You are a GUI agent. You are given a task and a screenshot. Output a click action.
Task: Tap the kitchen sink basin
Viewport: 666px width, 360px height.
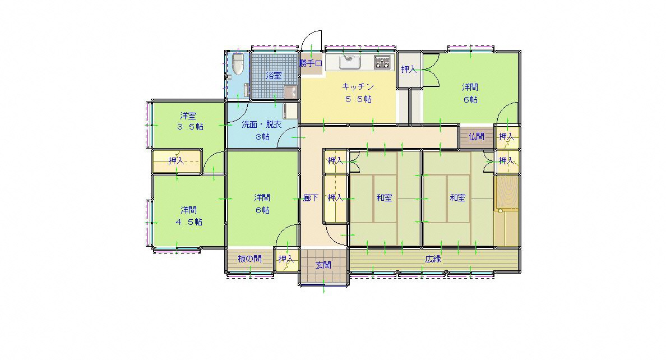tap(350, 62)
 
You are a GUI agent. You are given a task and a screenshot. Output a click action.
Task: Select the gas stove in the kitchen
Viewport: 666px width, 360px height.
tap(382, 62)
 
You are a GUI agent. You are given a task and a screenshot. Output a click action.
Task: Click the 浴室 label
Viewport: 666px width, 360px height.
tap(274, 76)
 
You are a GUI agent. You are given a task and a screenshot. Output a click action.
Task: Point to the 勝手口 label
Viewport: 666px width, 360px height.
tap(311, 63)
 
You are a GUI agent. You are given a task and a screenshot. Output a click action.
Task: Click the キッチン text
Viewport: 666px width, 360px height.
tap(358, 87)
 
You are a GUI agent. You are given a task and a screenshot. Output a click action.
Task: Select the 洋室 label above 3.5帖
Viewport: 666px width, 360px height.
tap(188, 116)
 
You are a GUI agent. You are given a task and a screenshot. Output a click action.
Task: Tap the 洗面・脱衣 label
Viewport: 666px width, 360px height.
tap(262, 124)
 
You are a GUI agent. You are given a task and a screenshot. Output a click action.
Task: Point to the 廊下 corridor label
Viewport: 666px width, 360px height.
tap(311, 198)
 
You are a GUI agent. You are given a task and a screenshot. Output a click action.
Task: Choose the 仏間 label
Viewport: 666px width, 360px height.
tap(477, 136)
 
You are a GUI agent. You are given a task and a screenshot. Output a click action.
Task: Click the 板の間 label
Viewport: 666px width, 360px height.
tap(250, 259)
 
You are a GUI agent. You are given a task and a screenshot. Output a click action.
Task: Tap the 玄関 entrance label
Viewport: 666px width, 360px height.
tap(323, 265)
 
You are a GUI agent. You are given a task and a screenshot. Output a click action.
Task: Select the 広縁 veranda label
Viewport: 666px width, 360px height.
tap(433, 259)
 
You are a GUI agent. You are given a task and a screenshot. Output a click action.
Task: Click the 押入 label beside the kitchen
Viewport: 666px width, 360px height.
tap(409, 70)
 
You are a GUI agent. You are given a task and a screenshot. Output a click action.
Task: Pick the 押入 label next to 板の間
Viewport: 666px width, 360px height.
tap(286, 259)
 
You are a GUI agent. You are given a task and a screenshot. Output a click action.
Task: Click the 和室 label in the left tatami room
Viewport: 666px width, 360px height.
tap(384, 198)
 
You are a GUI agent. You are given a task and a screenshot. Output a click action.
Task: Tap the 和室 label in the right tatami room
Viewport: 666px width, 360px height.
tap(458, 198)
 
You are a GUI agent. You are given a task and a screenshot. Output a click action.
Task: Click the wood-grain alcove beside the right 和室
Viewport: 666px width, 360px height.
tap(506, 193)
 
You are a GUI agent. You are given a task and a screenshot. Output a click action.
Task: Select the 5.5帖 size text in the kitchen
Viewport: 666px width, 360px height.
tap(358, 99)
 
